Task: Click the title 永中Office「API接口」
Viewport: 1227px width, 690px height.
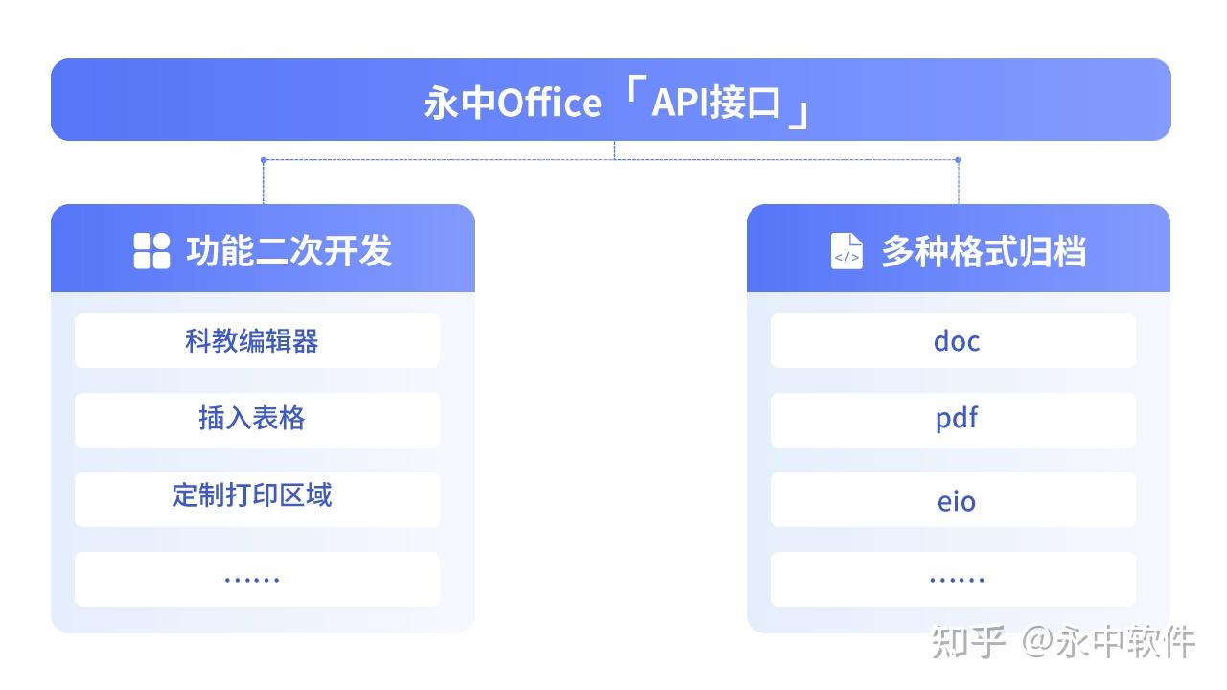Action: [x=613, y=103]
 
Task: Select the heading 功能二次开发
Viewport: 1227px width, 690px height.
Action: [x=289, y=251]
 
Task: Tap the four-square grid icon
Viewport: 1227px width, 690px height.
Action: [x=151, y=251]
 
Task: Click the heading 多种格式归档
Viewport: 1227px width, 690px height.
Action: [x=983, y=251]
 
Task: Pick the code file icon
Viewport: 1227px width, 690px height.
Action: [x=846, y=251]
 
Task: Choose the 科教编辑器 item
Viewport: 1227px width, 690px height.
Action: [x=252, y=340]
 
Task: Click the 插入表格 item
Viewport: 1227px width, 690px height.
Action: [x=252, y=419]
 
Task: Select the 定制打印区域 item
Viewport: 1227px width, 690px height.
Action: [x=252, y=495]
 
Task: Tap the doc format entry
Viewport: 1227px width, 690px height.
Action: [x=956, y=340]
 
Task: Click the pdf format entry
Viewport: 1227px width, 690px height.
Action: [x=956, y=419]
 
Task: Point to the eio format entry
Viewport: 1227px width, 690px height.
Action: [x=956, y=500]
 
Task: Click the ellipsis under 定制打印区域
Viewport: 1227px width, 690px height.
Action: [x=252, y=579]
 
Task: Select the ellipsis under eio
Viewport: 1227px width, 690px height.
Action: [x=956, y=579]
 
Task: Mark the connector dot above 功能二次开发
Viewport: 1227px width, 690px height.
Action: [x=263, y=160]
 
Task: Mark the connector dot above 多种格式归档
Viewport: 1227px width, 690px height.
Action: [x=958, y=160]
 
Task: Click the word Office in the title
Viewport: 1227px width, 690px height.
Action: [x=549, y=103]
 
